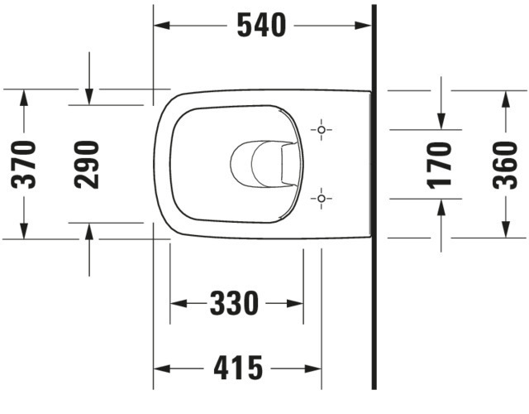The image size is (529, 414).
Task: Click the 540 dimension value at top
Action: tap(261, 26)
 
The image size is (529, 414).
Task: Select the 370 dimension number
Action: tap(26, 164)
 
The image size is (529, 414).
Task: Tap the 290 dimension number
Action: tap(88, 164)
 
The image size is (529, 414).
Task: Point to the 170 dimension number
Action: tap(441, 164)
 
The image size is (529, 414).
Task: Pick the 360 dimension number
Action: tap(505, 164)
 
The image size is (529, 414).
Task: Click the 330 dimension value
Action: tap(235, 304)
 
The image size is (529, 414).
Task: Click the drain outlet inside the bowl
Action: tap(264, 163)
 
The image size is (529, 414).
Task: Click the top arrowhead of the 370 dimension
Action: tap(25, 97)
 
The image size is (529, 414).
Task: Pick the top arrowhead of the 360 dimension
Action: tap(505, 98)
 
